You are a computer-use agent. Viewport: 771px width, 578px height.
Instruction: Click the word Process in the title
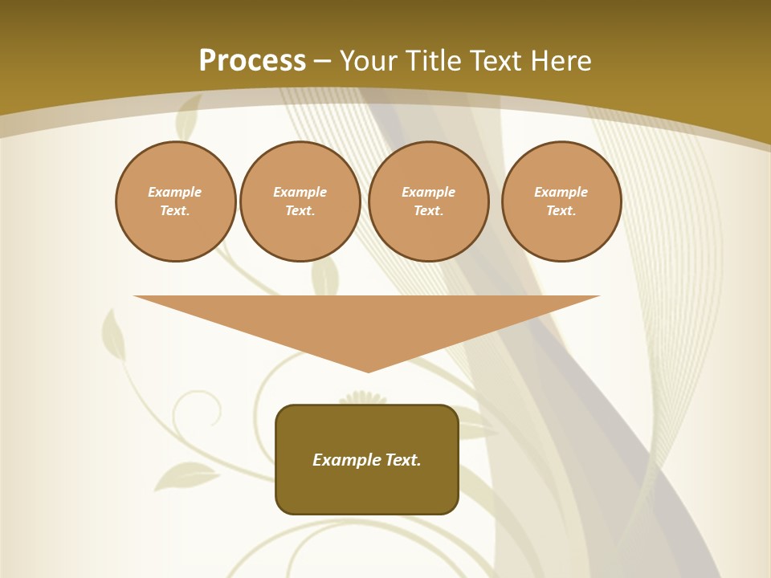click(252, 61)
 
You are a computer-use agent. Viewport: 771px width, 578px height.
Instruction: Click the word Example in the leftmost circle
click(175, 192)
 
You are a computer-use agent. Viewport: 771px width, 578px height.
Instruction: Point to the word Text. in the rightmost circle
click(561, 211)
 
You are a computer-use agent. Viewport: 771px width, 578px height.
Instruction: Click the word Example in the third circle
click(428, 192)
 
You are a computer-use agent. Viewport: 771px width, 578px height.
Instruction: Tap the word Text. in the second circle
click(300, 211)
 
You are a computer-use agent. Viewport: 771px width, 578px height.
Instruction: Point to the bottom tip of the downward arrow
click(368, 369)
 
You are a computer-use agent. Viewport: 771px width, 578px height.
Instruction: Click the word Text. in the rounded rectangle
click(403, 460)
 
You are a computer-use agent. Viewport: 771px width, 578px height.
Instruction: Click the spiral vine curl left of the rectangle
click(196, 409)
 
